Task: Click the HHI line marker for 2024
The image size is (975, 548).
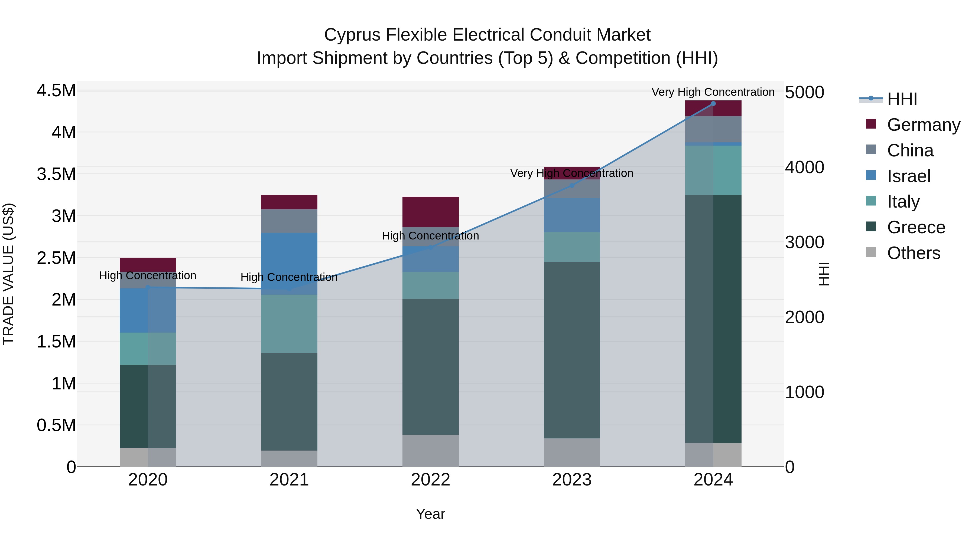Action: pyautogui.click(x=713, y=104)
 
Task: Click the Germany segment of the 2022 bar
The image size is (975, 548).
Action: pyautogui.click(x=430, y=212)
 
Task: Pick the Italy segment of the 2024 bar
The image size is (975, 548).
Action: pyautogui.click(x=713, y=170)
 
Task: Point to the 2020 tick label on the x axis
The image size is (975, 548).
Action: pyautogui.click(x=148, y=480)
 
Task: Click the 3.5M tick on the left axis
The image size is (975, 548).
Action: pyautogui.click(x=56, y=174)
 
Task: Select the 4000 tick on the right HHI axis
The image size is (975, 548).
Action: pyautogui.click(x=804, y=167)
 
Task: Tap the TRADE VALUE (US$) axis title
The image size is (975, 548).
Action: pyautogui.click(x=8, y=274)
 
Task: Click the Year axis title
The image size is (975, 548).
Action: pyautogui.click(x=430, y=514)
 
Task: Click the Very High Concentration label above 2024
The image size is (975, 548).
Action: pyautogui.click(x=713, y=92)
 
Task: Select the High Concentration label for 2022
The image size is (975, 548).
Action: pyautogui.click(x=430, y=236)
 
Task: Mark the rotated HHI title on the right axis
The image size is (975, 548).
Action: pyautogui.click(x=824, y=274)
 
